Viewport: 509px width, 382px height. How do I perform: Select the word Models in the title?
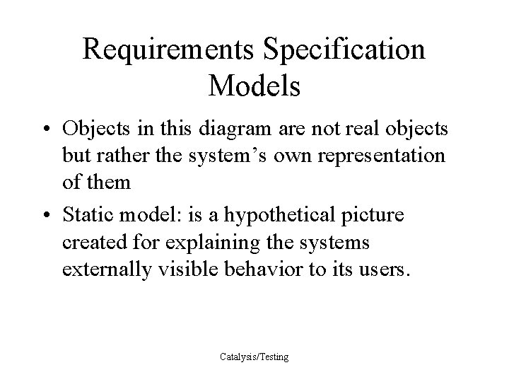click(x=255, y=86)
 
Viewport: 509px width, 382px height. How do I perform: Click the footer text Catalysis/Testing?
click(x=255, y=357)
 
